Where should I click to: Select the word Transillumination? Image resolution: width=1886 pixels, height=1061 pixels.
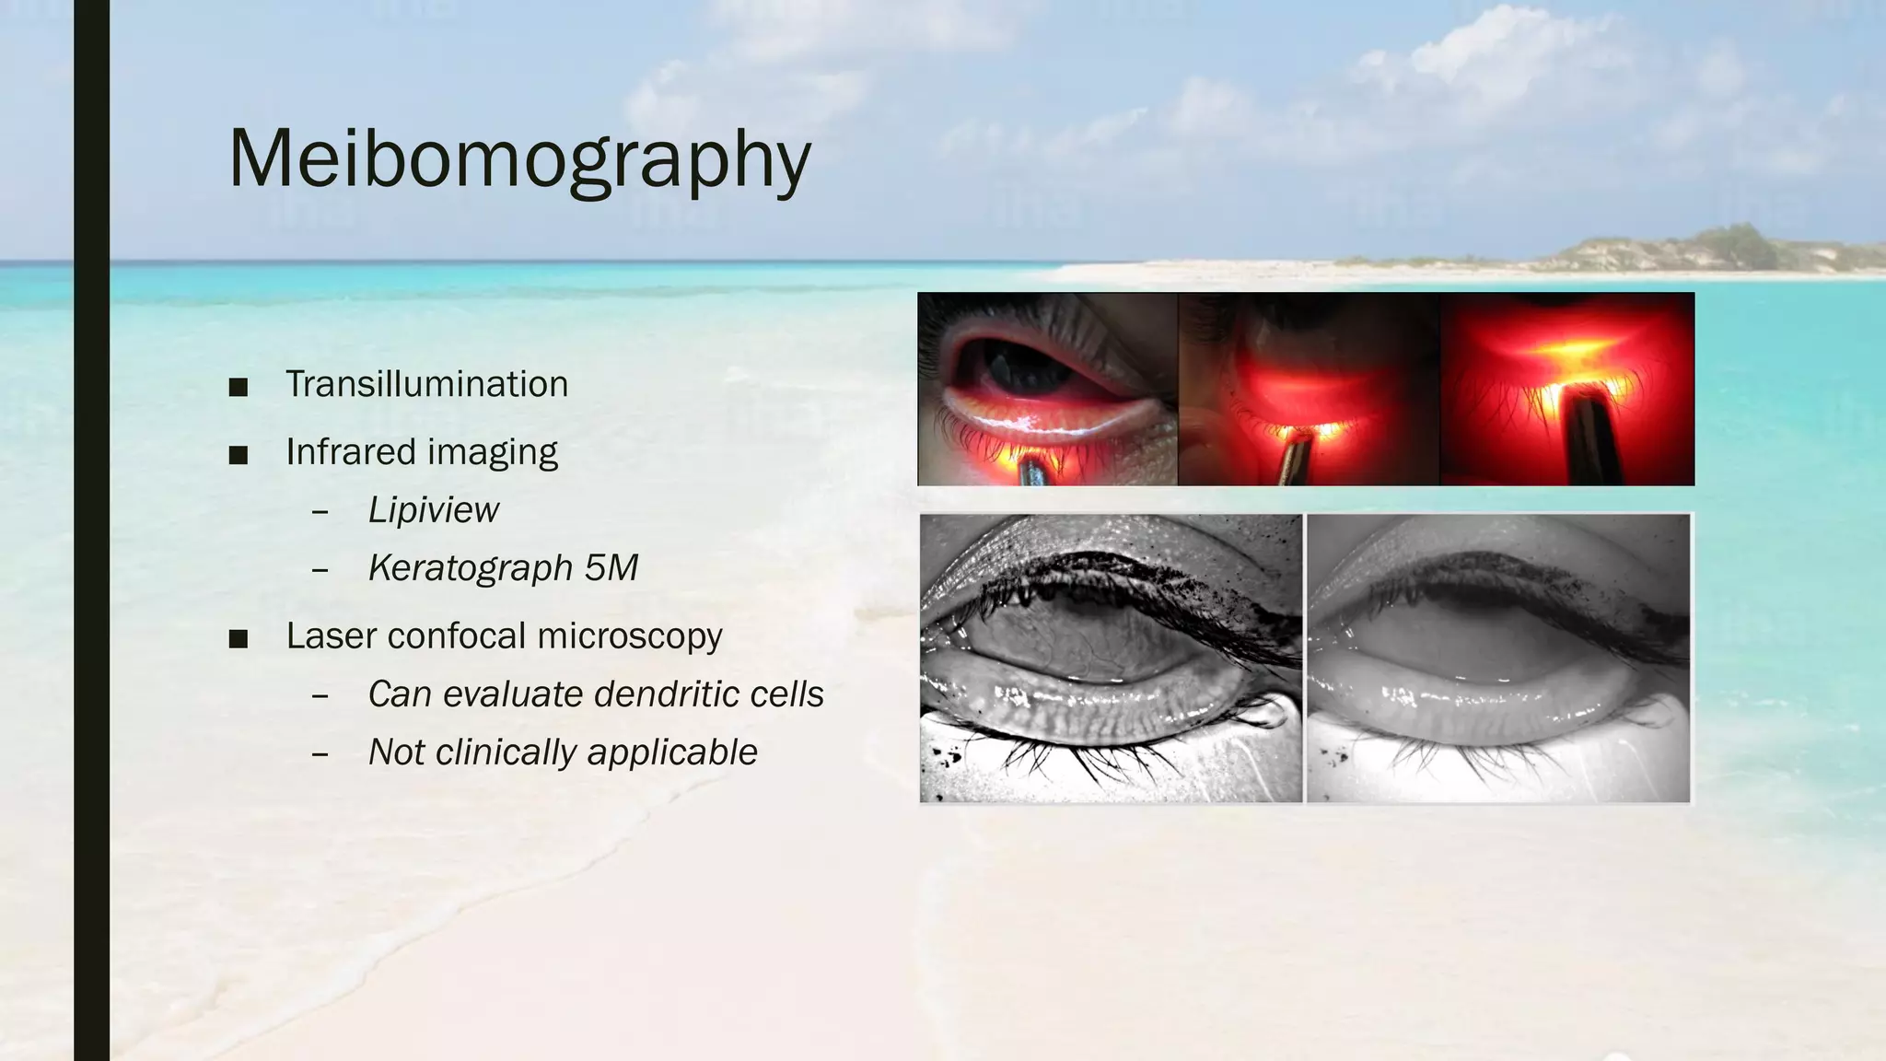(426, 384)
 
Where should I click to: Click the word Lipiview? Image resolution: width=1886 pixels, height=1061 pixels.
(433, 509)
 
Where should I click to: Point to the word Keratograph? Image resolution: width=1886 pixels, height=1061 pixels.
(470, 567)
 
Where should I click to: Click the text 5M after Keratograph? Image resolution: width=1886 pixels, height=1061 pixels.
(611, 567)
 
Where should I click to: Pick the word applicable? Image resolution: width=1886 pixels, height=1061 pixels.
(672, 752)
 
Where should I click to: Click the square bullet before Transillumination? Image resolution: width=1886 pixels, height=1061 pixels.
(239, 387)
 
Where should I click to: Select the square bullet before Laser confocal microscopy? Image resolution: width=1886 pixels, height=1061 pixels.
(239, 638)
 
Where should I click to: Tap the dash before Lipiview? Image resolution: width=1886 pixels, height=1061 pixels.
(320, 511)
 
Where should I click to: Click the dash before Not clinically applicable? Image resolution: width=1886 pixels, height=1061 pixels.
(320, 754)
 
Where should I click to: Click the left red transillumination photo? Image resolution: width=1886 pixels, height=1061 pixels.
(1048, 389)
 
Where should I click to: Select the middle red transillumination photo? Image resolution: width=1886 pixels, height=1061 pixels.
(1309, 389)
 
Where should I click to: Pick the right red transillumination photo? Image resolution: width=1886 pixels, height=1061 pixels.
(1567, 389)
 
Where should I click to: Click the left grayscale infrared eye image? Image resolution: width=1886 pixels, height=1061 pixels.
(1112, 658)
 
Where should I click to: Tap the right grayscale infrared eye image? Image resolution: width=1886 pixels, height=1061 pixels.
(1498, 658)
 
